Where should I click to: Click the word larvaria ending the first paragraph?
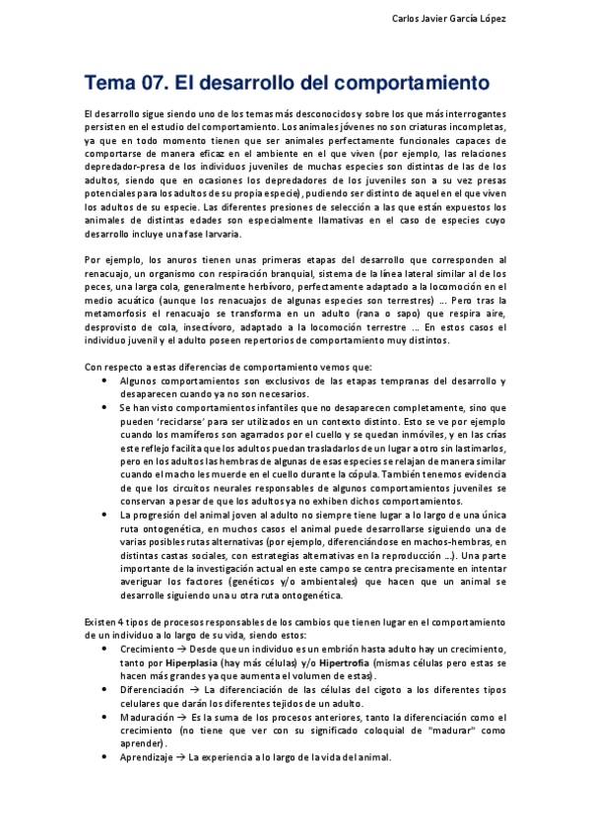pos(210,234)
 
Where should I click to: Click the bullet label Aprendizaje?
pos(150,757)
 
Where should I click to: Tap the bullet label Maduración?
pos(150,717)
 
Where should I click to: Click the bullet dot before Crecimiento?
pos(105,650)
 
